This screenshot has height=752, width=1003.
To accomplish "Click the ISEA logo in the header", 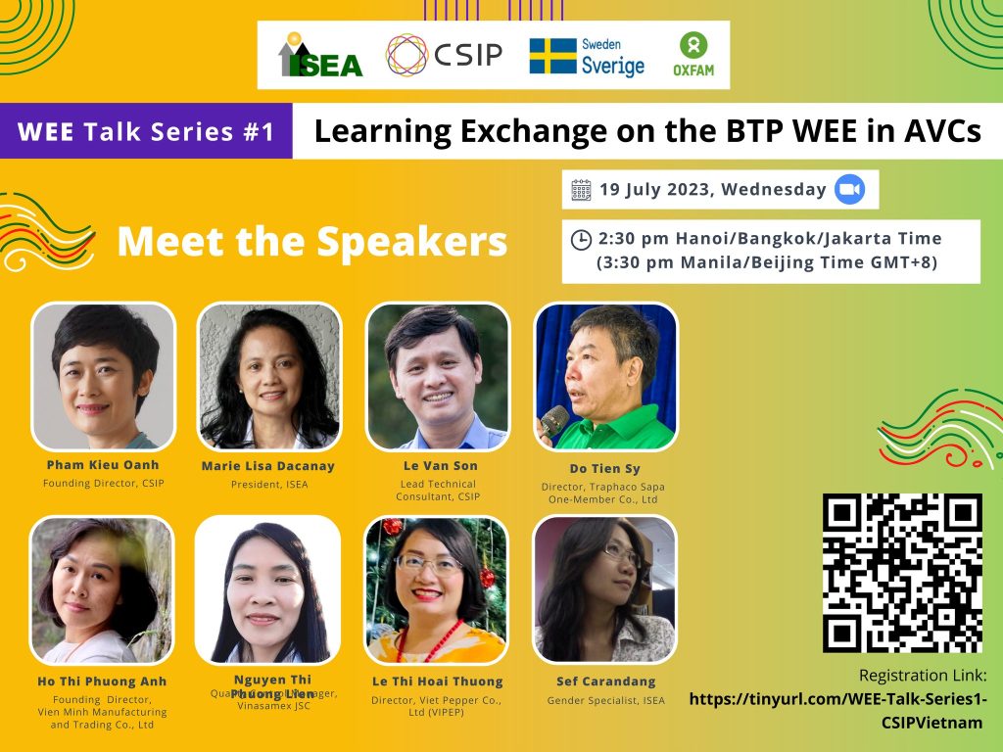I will point(320,56).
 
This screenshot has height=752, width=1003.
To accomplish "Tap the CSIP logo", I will point(444,55).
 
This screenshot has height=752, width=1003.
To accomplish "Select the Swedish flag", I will point(552,56).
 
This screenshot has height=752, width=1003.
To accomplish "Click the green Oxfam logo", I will point(694,55).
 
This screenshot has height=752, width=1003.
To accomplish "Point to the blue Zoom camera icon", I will point(849,189).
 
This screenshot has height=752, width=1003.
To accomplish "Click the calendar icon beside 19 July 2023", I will point(581,189).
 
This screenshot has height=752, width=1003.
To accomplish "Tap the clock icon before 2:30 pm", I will point(581,239).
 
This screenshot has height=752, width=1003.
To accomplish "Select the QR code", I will point(902,573).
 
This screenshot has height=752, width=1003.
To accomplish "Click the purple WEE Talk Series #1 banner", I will point(146,131).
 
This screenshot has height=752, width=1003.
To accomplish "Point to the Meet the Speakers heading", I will point(311,241).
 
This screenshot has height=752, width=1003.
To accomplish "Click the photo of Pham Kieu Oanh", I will point(103,376).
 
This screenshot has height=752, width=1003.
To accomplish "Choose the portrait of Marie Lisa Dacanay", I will point(269,376).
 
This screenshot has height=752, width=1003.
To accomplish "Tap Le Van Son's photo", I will point(437,376).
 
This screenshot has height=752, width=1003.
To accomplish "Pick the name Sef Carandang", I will point(605,681).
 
